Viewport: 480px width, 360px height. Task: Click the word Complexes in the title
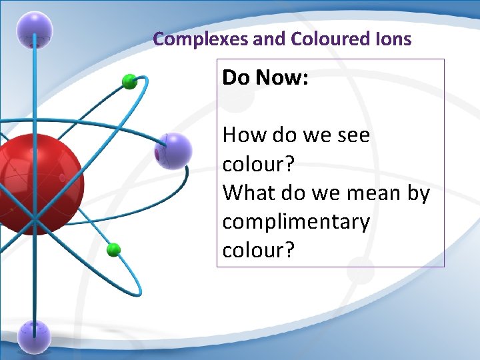point(201,39)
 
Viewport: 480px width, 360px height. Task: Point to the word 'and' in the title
point(269,39)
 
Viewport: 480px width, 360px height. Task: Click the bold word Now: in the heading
point(282,78)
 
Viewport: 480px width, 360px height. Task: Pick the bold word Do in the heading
point(236,78)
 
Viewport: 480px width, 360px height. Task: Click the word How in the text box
point(241,135)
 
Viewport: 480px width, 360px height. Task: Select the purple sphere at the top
point(35,29)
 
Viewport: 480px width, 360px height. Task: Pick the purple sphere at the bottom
point(34,336)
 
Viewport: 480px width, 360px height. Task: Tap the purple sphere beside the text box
point(174,151)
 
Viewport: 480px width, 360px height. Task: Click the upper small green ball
point(129,82)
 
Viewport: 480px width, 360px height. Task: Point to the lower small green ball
point(114,250)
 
